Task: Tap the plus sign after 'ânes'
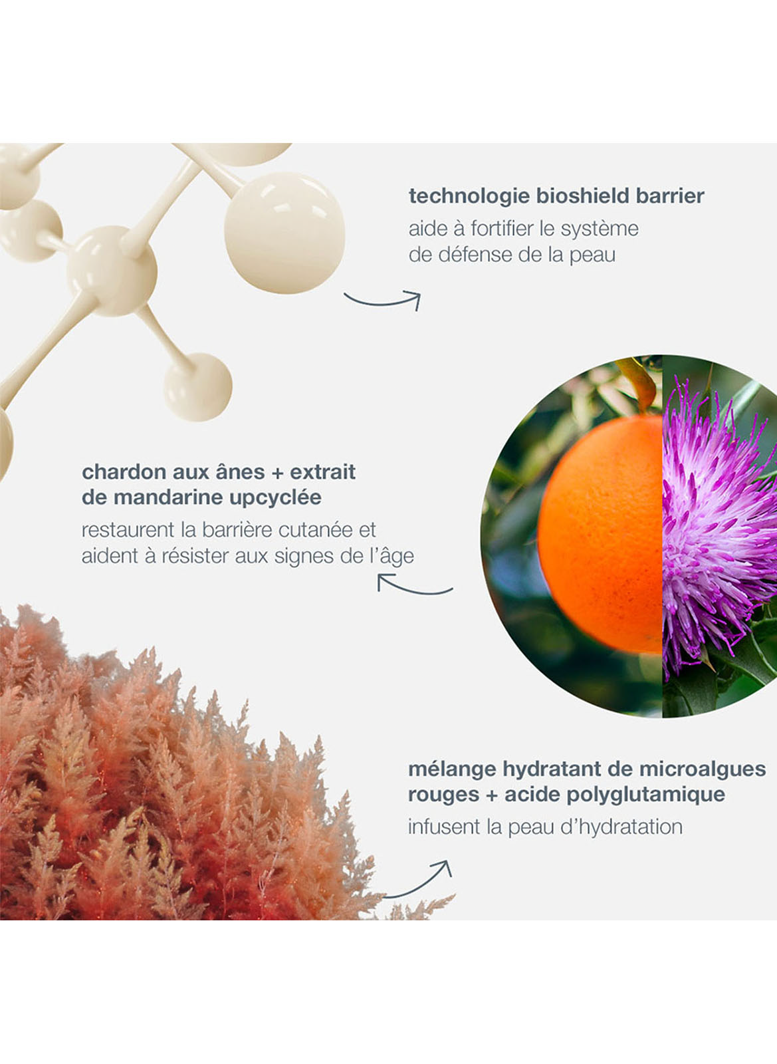pos(278,473)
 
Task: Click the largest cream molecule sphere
pos(284,233)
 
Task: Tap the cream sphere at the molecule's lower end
pos(198,387)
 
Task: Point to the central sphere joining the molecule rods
pos(112,271)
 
